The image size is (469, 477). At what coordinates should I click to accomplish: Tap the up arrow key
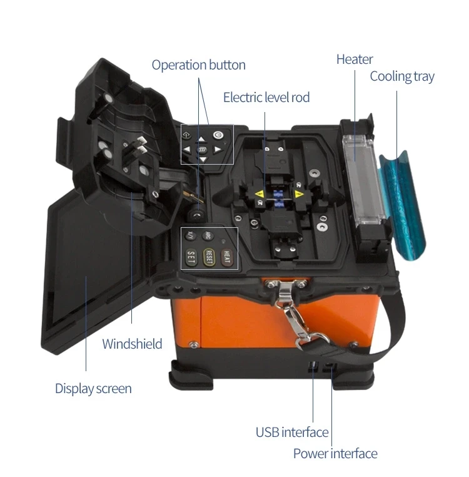tap(201, 140)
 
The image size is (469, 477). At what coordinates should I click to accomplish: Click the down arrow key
tap(203, 160)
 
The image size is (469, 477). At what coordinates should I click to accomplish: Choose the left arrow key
tap(188, 150)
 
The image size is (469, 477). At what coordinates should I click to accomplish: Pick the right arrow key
tap(217, 150)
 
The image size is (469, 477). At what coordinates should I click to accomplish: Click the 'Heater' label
tap(355, 59)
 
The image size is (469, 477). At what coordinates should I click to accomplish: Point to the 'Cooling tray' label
tap(401, 76)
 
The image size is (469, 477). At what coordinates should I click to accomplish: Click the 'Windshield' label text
tap(132, 344)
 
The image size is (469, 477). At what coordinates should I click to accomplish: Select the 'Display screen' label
tap(93, 389)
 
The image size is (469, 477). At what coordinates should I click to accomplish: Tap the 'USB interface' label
tap(291, 432)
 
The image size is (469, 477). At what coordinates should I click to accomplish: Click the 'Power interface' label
tap(335, 454)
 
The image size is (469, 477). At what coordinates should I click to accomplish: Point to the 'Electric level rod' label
tap(266, 97)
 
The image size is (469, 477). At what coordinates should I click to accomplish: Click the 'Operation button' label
tap(198, 65)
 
